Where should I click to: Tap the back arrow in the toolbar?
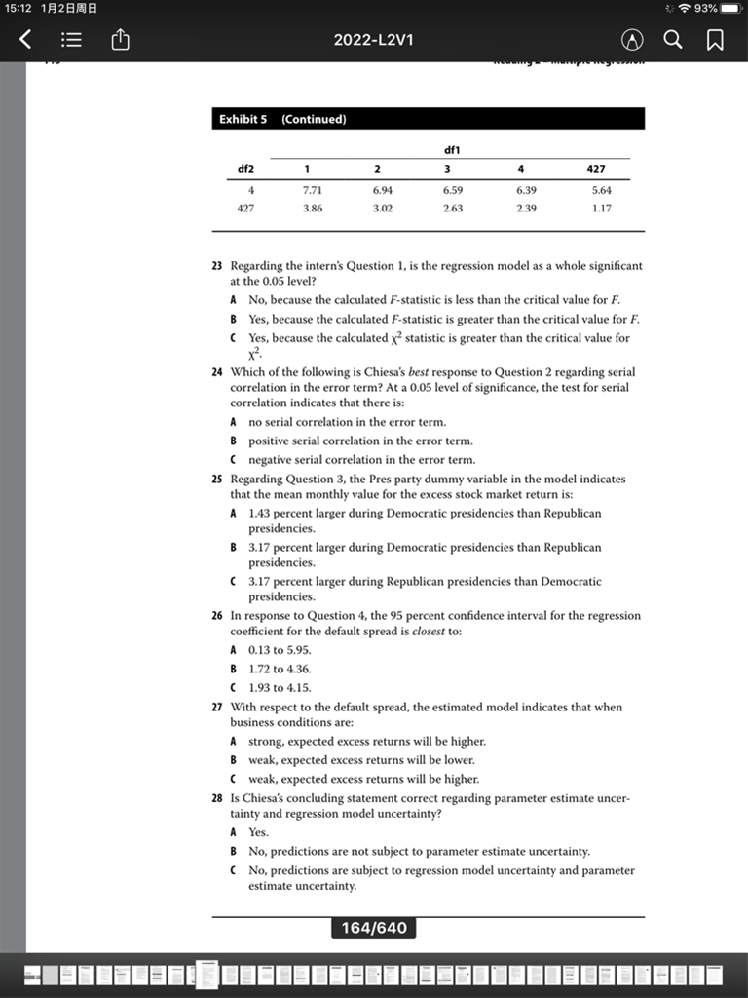(26, 40)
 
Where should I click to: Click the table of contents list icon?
(70, 40)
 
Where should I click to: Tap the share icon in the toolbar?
(120, 40)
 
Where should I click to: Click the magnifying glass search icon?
(673, 40)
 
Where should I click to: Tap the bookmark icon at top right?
(715, 40)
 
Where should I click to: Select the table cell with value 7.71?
(313, 190)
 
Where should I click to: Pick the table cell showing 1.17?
(602, 208)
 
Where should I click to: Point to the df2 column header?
(246, 169)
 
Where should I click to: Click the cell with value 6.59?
(453, 190)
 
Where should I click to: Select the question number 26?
(217, 616)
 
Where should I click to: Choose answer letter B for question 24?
(234, 441)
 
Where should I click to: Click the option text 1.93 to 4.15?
(280, 687)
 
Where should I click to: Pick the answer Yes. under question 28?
(259, 832)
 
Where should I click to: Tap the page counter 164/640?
(374, 928)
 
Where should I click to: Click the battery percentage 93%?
(704, 8)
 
